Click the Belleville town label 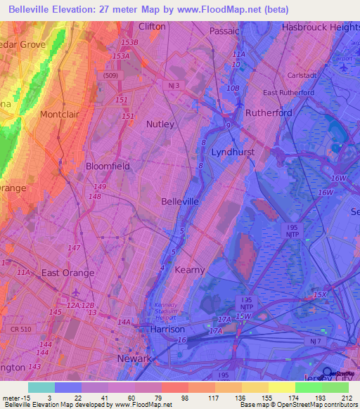click(x=181, y=201)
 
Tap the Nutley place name click(x=160, y=124)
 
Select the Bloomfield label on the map click(x=108, y=167)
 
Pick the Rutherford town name click(x=268, y=112)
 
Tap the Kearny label click(x=189, y=270)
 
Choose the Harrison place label click(x=167, y=329)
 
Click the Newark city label click(x=134, y=358)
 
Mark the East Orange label click(x=67, y=273)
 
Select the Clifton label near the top click(x=152, y=27)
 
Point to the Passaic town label click(x=224, y=32)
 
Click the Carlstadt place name click(x=303, y=76)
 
